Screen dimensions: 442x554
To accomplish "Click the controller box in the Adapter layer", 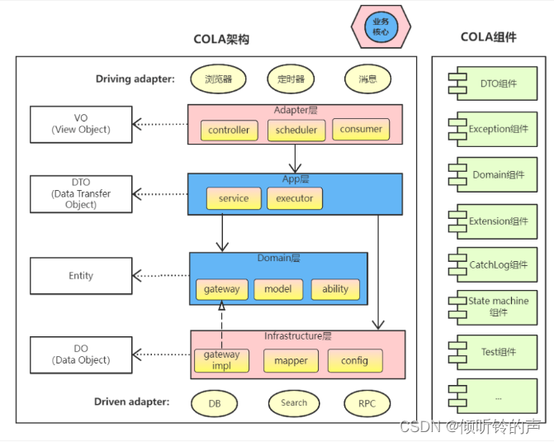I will (x=229, y=131).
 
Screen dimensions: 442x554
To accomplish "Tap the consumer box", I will (x=361, y=130).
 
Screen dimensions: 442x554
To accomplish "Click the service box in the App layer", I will (x=234, y=198).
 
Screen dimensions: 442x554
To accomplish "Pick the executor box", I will (x=295, y=198).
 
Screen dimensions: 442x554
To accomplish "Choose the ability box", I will (x=335, y=289).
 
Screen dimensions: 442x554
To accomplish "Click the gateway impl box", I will (x=222, y=360).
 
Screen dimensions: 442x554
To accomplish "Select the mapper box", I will (x=291, y=361).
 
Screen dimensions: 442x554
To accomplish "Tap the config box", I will (x=354, y=361).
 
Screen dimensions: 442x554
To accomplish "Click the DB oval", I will (x=215, y=403).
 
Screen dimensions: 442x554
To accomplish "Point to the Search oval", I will (x=294, y=403).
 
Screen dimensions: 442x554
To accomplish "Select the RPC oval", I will (x=367, y=403).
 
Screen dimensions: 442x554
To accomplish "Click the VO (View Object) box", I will (x=81, y=124).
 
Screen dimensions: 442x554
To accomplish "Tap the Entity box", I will (x=81, y=276).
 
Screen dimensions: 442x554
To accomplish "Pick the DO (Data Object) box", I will (x=81, y=354).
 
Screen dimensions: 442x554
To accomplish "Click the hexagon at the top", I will (x=381, y=27).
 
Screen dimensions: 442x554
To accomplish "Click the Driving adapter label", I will (x=135, y=79).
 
